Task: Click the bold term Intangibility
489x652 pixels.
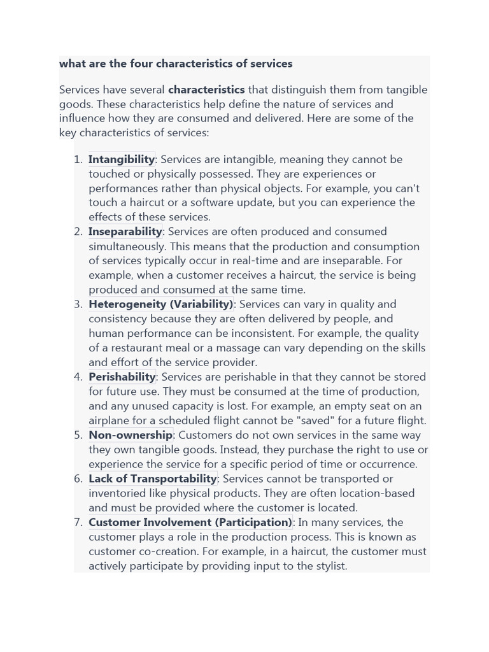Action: coord(122,159)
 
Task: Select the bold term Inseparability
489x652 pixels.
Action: coord(125,232)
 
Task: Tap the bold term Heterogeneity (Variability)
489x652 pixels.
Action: coord(161,304)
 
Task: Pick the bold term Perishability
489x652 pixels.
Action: coord(122,377)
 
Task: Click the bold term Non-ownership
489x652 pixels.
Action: coord(131,435)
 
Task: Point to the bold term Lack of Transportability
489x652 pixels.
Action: coord(153,479)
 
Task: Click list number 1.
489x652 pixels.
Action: coord(78,159)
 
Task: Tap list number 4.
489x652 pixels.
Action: coord(78,377)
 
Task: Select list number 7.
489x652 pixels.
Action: coord(78,522)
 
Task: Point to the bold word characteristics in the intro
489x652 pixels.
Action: coord(206,90)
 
